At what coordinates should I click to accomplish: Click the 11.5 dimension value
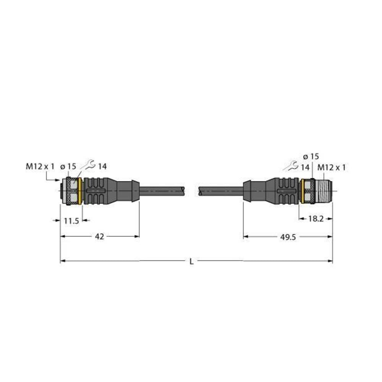[71, 220]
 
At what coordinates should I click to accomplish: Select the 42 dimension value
[99, 237]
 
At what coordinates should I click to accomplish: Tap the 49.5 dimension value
[288, 237]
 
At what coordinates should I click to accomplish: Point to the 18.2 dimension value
[315, 219]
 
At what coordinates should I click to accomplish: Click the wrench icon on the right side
[291, 166]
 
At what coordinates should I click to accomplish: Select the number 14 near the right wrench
[305, 167]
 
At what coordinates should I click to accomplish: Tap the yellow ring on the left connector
[79, 191]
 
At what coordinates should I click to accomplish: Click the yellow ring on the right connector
[301, 191]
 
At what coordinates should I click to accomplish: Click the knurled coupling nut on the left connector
[71, 191]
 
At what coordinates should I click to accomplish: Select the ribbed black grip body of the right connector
[285, 191]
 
